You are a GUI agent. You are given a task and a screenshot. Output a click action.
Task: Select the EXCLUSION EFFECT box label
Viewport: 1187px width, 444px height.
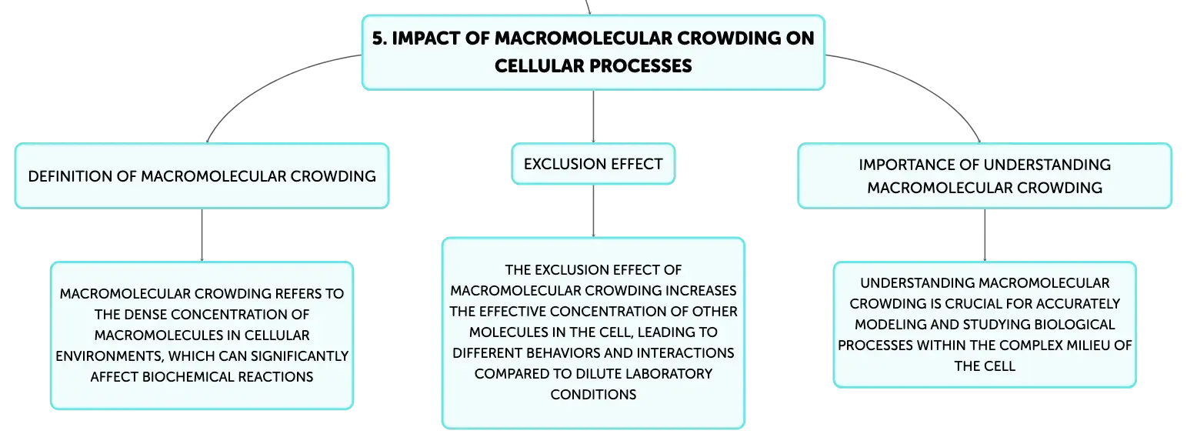coord(593,164)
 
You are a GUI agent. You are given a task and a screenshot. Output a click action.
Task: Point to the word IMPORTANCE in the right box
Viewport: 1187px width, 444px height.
coord(904,164)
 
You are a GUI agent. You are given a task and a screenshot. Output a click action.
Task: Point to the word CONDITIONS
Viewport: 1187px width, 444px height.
coord(593,394)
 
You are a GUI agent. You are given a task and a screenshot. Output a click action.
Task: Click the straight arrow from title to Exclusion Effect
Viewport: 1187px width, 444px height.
coord(593,116)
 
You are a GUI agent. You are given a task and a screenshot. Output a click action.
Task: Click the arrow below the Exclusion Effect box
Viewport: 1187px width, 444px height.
coord(593,211)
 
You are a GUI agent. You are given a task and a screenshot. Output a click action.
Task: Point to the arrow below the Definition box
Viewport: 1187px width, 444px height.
coord(202,235)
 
